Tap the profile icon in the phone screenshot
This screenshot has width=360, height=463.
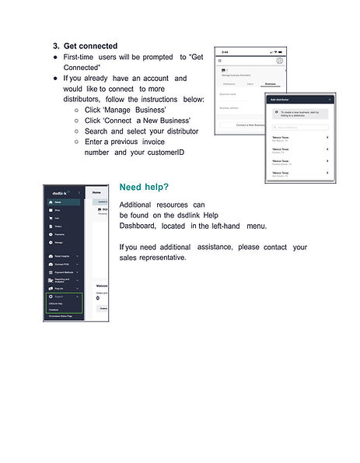point(279,60)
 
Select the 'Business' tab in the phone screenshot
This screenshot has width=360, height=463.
point(270,82)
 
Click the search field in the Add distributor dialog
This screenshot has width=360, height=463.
point(299,127)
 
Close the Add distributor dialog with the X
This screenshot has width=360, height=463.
point(330,100)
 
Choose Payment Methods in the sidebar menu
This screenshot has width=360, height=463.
point(63,272)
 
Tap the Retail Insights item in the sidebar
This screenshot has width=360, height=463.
point(63,256)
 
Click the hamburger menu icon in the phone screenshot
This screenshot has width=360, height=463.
point(220,60)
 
